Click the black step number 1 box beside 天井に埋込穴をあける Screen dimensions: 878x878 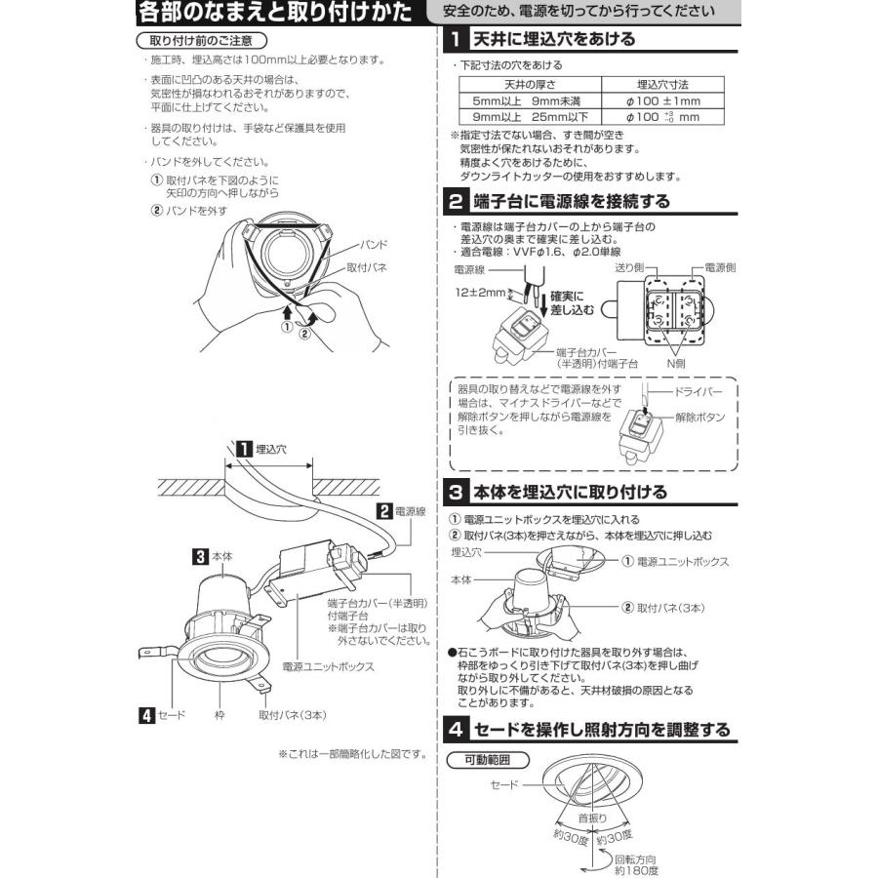(x=457, y=39)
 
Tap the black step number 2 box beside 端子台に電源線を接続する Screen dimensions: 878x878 (x=457, y=201)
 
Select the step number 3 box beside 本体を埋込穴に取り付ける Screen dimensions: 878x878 (x=457, y=493)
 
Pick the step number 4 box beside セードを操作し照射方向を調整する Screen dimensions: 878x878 (x=457, y=729)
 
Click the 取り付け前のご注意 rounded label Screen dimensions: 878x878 (x=202, y=41)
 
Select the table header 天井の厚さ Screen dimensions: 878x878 (x=530, y=85)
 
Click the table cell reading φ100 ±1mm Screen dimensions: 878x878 (x=663, y=101)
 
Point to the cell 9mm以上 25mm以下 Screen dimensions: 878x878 (x=530, y=117)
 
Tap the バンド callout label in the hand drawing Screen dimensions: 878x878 (x=374, y=245)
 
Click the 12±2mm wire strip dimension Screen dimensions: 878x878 (x=480, y=293)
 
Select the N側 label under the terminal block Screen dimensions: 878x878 (x=676, y=364)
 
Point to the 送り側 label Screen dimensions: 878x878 (x=629, y=267)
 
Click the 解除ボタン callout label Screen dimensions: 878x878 (x=699, y=418)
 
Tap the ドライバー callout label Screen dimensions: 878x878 (x=698, y=392)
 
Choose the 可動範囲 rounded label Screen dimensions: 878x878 (x=488, y=760)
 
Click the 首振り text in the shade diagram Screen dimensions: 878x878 (x=592, y=818)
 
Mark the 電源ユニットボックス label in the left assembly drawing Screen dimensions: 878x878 (x=328, y=667)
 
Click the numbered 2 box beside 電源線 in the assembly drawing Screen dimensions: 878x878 (x=384, y=511)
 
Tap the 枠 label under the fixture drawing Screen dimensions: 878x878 (x=219, y=715)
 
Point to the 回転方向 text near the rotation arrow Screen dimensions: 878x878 (x=635, y=858)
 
